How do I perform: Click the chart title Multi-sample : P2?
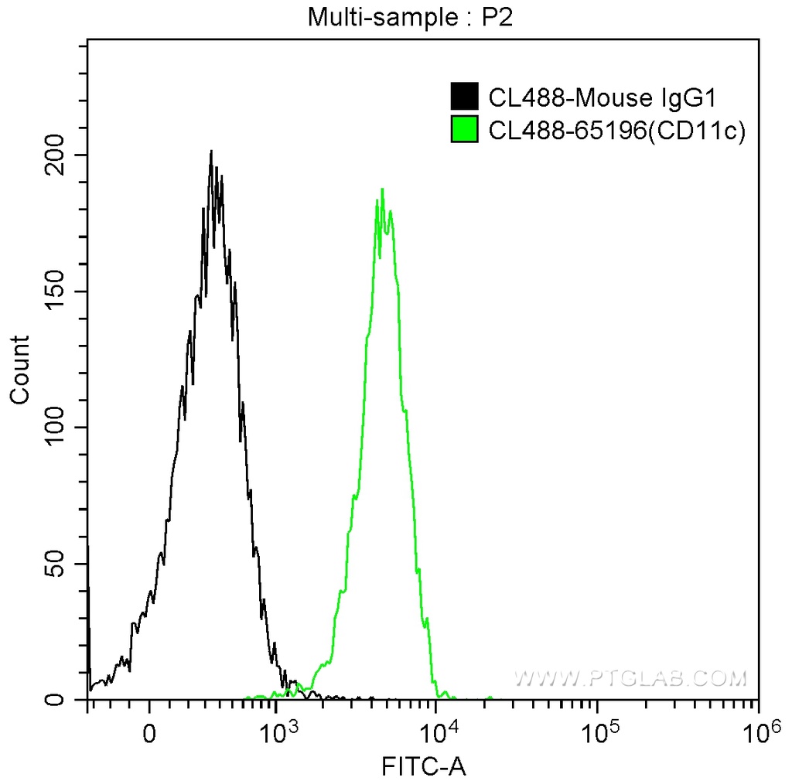[x=411, y=17]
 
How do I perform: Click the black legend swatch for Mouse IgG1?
[x=464, y=97]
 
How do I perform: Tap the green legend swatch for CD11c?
[x=464, y=130]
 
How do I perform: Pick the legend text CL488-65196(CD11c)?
[x=616, y=131]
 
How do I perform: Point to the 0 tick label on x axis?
[x=150, y=732]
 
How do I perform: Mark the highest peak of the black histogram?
[x=210, y=151]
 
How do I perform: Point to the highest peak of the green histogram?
[x=382, y=189]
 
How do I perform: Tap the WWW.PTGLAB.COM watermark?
[x=631, y=679]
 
